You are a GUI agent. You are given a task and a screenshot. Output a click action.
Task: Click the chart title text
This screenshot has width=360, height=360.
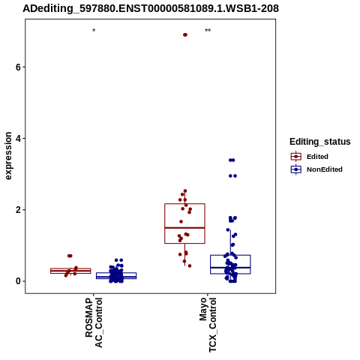point(151,8)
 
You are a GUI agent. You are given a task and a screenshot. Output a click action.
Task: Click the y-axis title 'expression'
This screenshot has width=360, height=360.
point(8,156)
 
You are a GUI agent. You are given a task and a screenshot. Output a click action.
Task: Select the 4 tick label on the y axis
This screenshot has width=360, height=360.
point(18,138)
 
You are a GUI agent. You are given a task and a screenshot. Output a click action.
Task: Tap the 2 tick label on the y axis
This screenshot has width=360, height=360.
point(18,210)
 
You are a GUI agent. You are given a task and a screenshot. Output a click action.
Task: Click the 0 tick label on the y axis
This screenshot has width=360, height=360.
point(18,281)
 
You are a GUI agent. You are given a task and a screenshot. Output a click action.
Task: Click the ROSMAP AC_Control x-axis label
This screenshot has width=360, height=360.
point(94,322)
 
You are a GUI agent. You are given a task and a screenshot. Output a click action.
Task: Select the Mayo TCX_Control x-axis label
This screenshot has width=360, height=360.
point(208,325)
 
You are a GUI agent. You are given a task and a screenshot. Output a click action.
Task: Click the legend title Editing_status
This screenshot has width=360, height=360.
point(320,142)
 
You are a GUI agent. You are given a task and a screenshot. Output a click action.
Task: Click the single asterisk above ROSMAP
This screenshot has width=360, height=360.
point(94,31)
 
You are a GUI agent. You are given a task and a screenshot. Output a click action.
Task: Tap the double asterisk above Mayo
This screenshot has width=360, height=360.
point(208,31)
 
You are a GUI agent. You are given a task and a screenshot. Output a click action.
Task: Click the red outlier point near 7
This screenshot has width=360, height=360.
point(185,34)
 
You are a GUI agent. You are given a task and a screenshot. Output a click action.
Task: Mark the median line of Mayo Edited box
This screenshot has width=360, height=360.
point(184,228)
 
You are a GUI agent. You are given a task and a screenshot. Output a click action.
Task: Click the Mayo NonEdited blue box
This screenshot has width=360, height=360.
point(230,255)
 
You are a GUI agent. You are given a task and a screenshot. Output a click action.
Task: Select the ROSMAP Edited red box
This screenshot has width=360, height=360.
point(70,268)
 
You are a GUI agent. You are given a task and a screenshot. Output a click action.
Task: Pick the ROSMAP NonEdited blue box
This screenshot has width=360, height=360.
point(116,273)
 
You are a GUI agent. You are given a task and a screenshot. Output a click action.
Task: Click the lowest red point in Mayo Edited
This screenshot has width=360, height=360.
point(190,265)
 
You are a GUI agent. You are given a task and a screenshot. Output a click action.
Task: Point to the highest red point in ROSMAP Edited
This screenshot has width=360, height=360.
point(70,256)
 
